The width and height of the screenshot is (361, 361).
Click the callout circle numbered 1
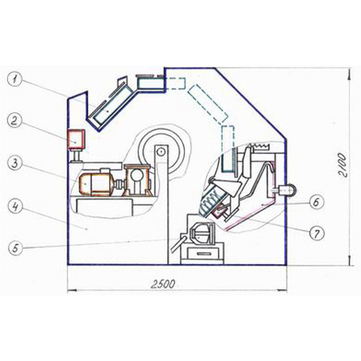15,80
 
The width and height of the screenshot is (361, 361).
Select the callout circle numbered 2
15,121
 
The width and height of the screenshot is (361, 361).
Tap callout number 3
15,164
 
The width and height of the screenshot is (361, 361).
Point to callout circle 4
15,207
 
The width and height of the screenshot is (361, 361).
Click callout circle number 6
316,202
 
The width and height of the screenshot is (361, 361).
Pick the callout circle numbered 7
317,233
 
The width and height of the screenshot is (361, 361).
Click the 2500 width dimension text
163,284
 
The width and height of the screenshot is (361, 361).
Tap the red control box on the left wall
76,139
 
